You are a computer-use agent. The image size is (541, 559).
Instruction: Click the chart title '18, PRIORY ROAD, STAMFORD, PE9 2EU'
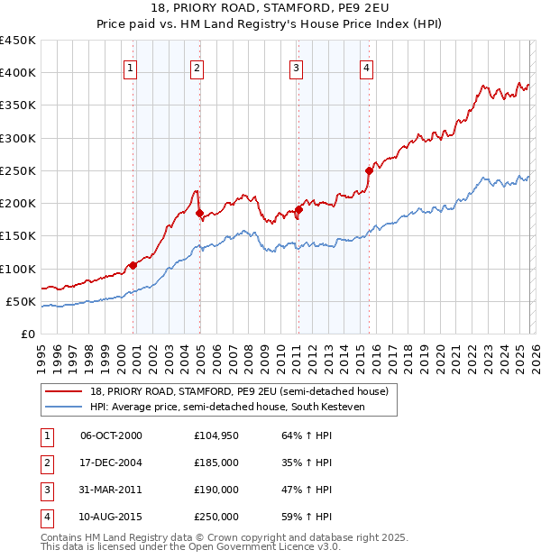pos(270,8)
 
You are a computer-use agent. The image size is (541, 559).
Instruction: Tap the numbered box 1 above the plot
pos(131,66)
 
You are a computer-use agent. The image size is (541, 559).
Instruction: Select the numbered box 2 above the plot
pos(197,66)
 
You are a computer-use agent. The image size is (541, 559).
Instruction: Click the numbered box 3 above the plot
pos(296,66)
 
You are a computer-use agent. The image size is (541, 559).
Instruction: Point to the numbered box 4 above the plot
pos(367,66)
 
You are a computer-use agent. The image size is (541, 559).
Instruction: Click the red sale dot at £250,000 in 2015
pos(369,170)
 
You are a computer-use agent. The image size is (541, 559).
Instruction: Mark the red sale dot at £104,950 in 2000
pos(133,265)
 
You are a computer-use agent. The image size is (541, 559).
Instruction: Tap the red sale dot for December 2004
pos(199,214)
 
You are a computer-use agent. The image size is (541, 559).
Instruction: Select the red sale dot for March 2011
pos(298,210)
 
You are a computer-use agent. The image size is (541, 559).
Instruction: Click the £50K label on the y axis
pos(21,301)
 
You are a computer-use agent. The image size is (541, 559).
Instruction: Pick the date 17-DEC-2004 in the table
pos(111,463)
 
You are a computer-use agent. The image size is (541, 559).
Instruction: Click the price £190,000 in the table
pos(216,490)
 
